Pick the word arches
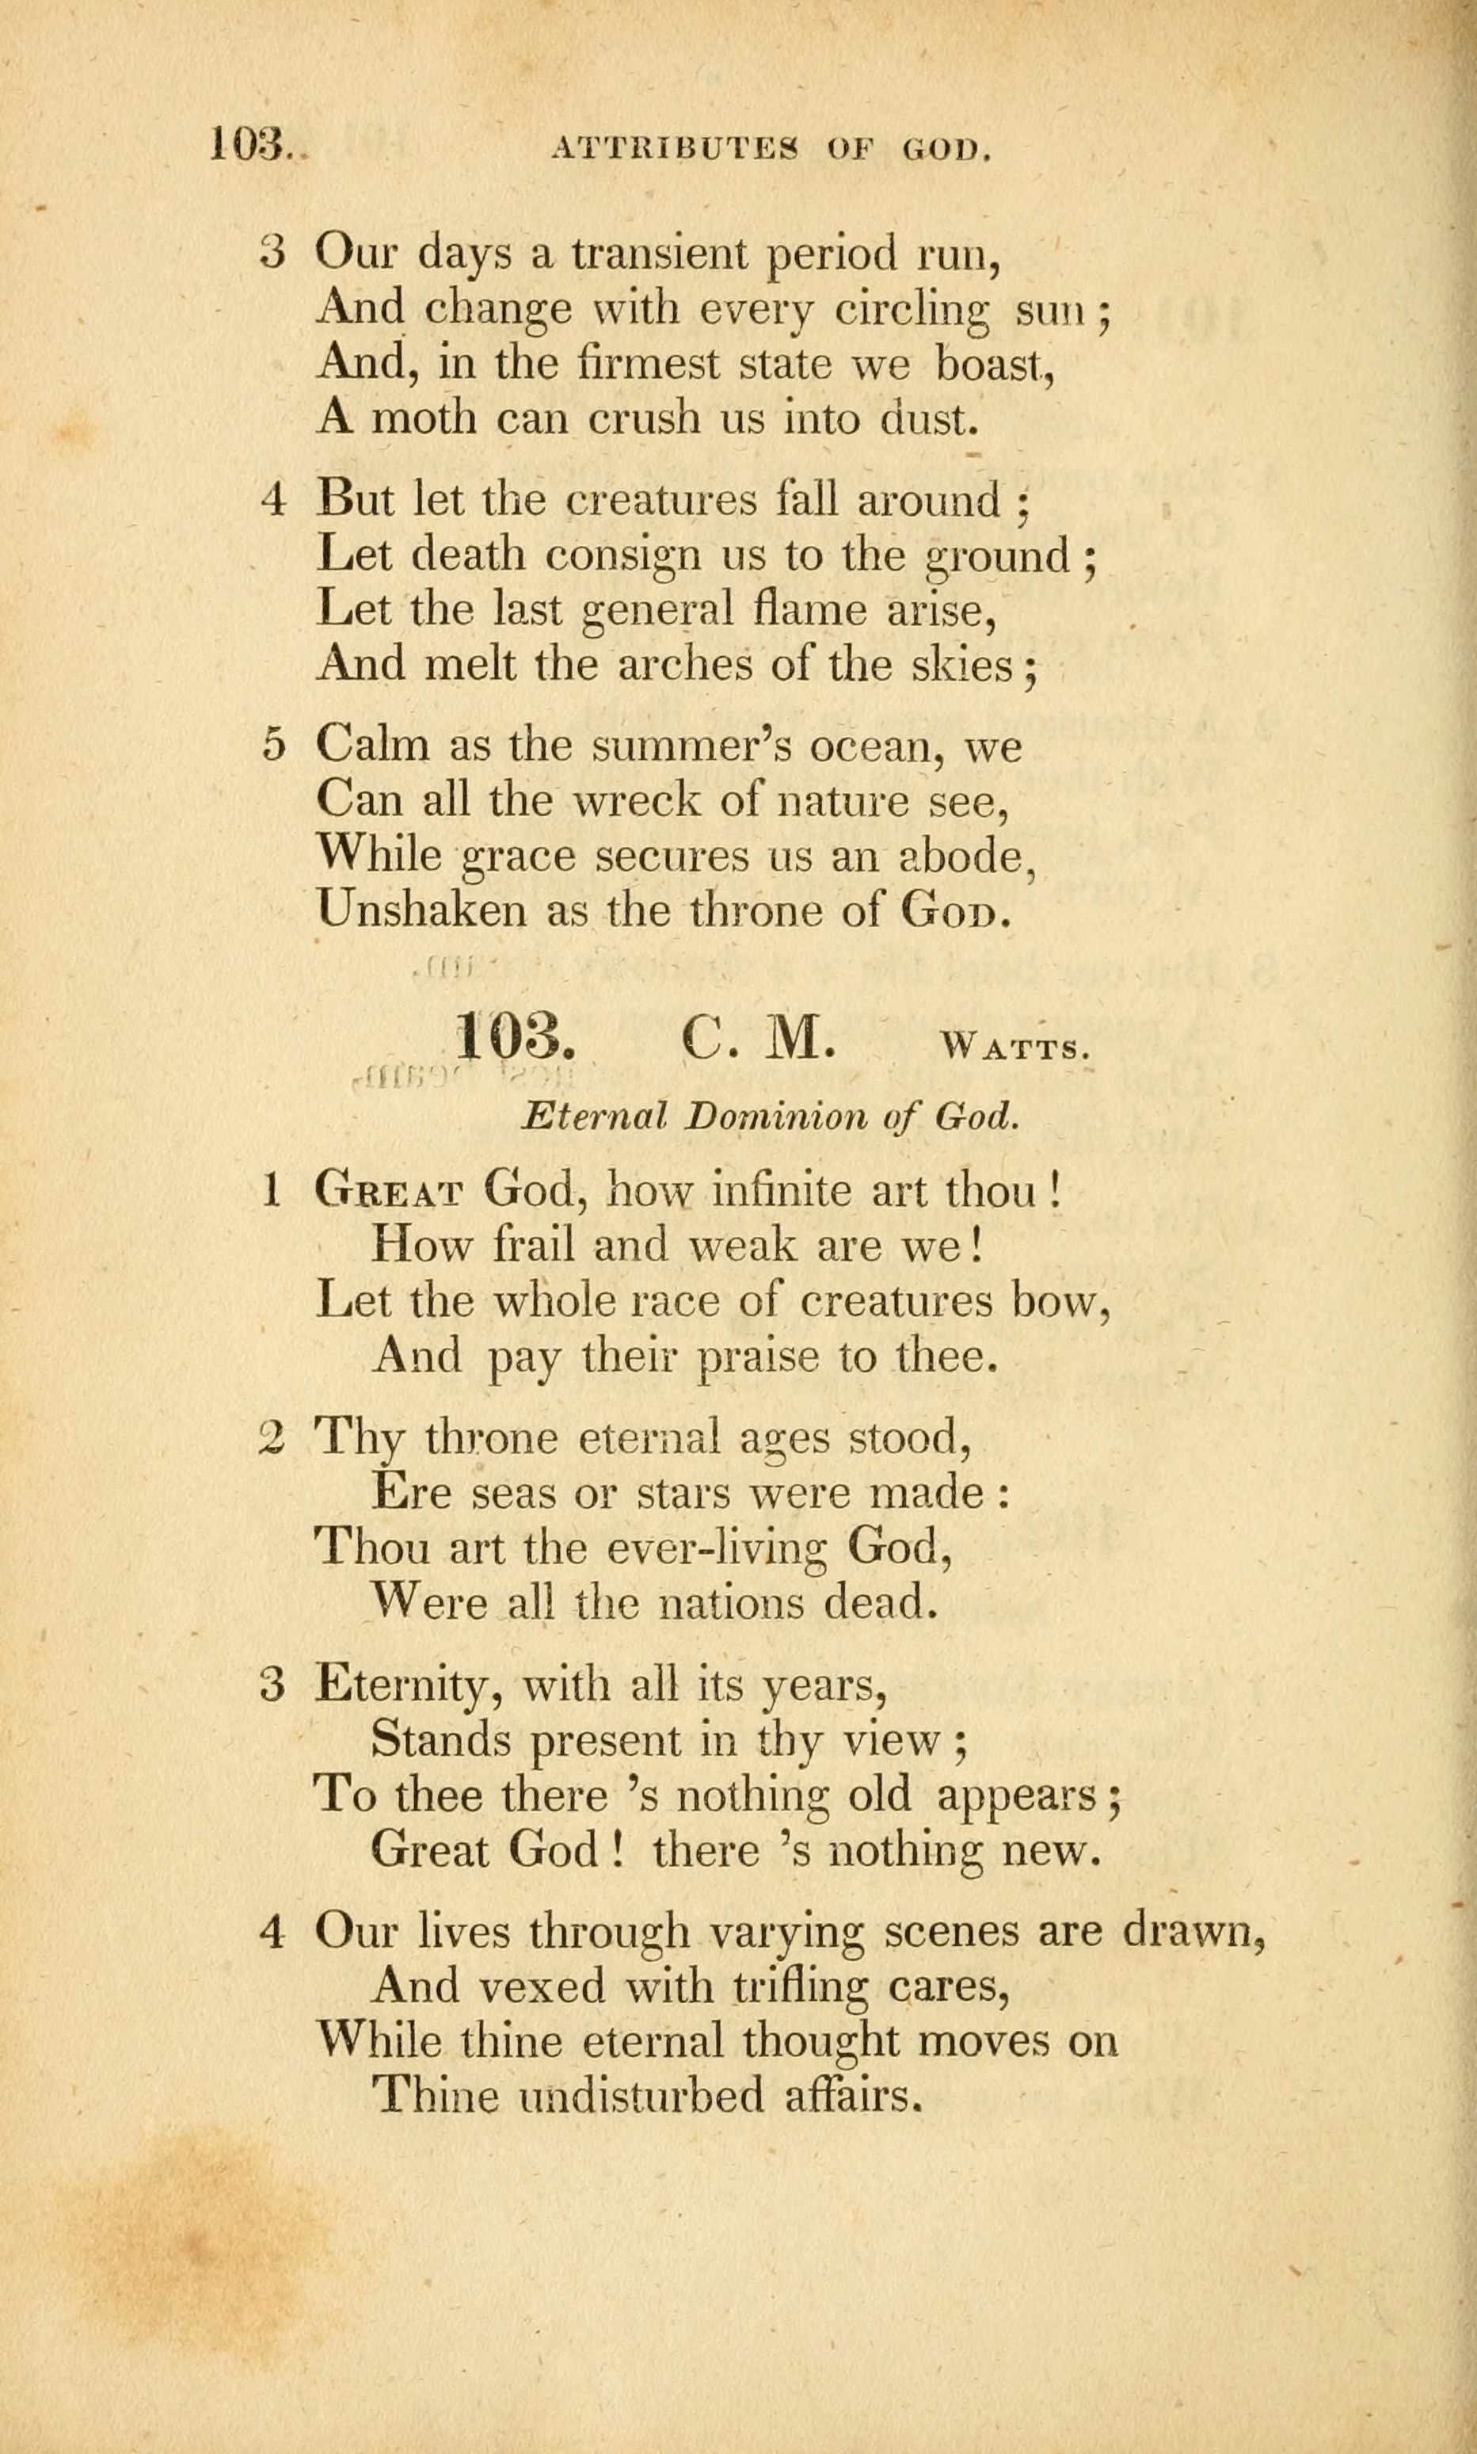685,665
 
